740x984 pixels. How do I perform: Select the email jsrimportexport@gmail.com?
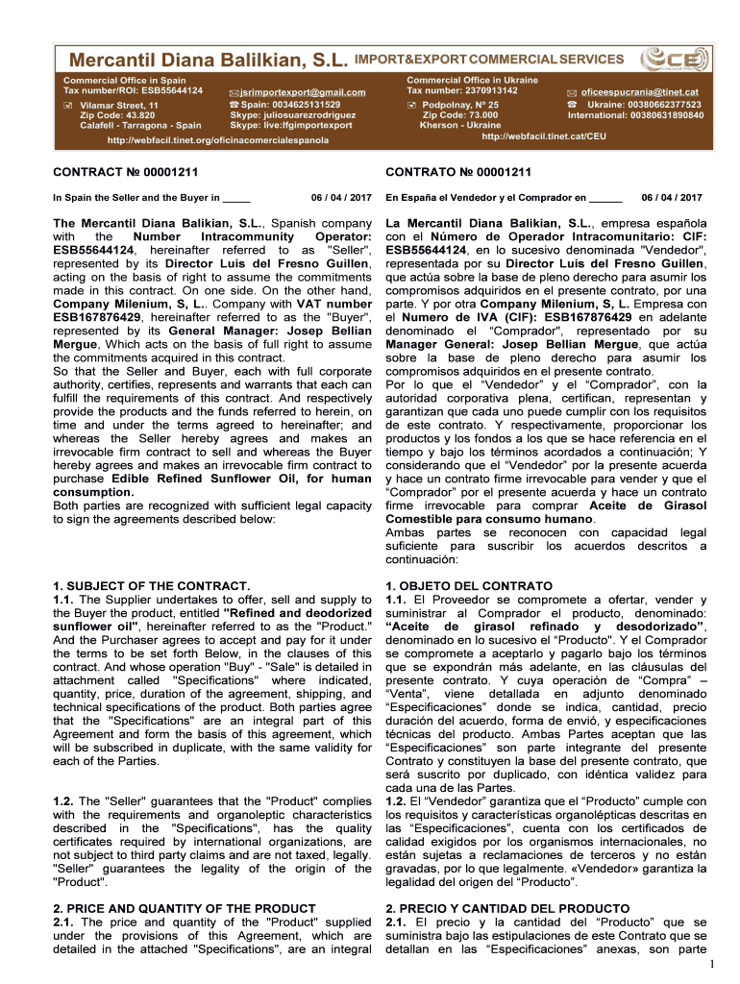[304, 92]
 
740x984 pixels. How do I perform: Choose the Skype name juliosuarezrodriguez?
[293, 114]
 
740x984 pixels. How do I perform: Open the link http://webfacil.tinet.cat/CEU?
[544, 136]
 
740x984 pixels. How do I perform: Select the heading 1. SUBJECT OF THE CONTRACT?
[151, 585]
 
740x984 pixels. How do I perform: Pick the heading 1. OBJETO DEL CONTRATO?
[469, 585]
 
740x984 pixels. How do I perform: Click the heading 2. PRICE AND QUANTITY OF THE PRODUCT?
[183, 908]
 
